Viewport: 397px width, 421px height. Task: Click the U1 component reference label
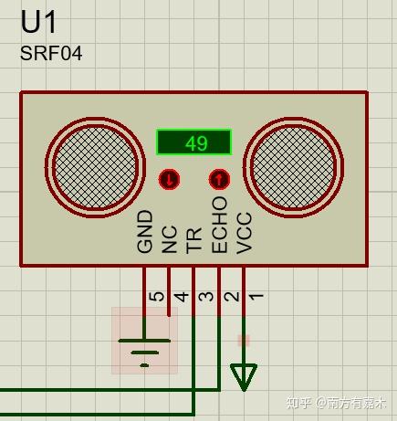coord(38,22)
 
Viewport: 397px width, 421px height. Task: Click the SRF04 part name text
coord(51,53)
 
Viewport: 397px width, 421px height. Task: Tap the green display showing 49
coord(194,142)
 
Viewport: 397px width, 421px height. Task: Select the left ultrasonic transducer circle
coord(95,167)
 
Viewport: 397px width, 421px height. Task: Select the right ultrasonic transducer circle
coord(294,167)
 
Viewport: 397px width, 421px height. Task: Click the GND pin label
coord(144,232)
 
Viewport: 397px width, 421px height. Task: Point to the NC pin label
coord(170,239)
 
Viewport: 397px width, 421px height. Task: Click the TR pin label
coord(194,240)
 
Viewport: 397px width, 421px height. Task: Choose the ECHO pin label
coord(219,225)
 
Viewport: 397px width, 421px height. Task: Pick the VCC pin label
coord(245,233)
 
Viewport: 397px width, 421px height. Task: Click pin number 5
coord(157,297)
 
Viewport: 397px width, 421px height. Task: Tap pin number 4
coord(182,297)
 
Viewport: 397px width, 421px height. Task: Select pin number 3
coord(207,297)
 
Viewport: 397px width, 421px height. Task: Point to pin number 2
coord(232,297)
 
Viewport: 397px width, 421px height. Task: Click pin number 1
coord(256,297)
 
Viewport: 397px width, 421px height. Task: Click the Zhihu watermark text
coord(336,403)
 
